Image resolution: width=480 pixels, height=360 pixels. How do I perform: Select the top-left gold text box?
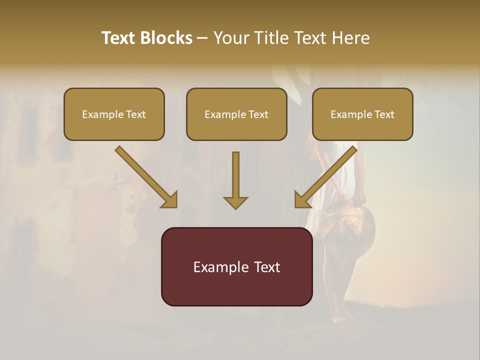coord(114,114)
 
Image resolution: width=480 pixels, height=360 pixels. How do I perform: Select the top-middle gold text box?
coord(236,114)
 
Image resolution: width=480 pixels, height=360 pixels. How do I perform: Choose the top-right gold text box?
coord(362,114)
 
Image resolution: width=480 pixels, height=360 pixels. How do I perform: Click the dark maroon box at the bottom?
coord(236,266)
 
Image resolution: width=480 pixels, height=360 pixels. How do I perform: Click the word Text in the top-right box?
coord(384,114)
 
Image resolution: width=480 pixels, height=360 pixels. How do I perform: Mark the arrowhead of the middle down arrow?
coord(235,202)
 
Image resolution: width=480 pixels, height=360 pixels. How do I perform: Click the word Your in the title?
coord(231,38)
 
